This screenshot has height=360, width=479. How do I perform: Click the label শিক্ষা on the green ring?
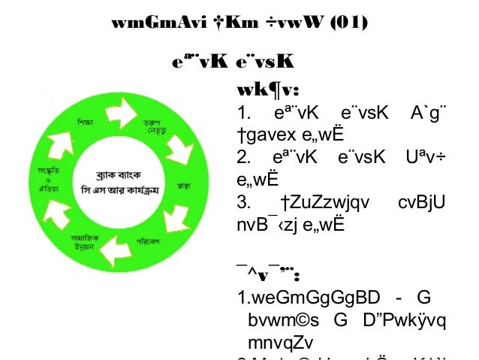[x=85, y=122]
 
